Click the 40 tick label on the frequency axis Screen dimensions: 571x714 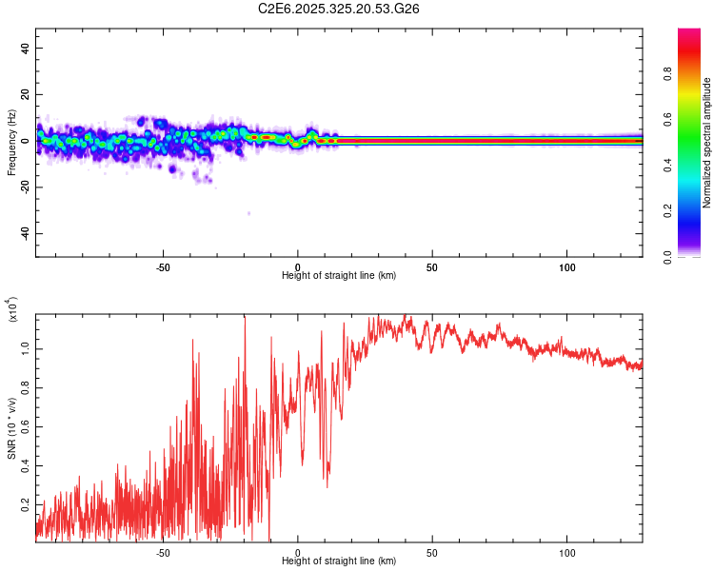tap(26, 49)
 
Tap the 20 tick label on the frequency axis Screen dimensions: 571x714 tap(26, 95)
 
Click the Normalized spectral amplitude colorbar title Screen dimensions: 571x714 tap(707, 144)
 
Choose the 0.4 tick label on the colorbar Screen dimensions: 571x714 tap(696, 167)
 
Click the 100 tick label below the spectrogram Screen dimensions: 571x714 tap(567, 266)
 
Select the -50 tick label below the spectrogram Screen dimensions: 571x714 tap(163, 266)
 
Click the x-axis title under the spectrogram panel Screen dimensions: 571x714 tap(339, 275)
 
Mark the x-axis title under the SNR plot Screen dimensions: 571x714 tap(339, 561)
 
